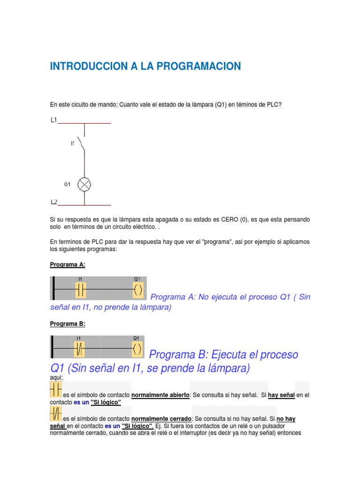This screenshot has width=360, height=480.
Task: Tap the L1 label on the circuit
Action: click(54, 120)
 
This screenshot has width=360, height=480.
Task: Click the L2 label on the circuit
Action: click(54, 202)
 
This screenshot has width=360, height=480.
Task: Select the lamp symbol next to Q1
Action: click(84, 185)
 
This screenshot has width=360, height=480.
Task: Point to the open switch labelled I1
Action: click(83, 143)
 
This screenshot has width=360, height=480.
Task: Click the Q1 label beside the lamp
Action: click(67, 185)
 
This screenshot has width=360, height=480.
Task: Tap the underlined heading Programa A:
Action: click(67, 265)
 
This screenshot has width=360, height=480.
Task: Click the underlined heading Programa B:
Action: click(67, 324)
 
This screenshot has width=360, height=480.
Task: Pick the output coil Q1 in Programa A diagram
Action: click(137, 291)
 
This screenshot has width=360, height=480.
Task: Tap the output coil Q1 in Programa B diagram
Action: click(136, 349)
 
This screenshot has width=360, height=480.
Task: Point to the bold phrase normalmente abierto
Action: click(160, 396)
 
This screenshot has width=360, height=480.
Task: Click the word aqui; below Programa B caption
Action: click(56, 377)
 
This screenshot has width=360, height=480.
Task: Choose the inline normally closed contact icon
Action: click(55, 413)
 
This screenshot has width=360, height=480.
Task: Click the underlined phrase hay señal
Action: click(281, 396)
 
